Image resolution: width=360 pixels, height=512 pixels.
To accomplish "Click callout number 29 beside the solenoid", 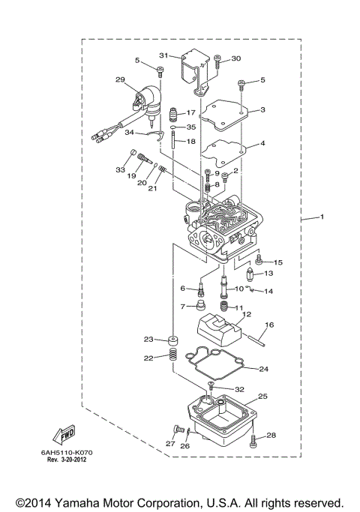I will point(120,79).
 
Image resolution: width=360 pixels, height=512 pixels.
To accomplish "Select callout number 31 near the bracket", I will point(164,55).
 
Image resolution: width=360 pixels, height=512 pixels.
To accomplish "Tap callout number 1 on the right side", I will point(322,218).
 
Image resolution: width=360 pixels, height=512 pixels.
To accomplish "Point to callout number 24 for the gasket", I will point(263,368).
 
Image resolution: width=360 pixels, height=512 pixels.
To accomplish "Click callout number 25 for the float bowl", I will point(262,396).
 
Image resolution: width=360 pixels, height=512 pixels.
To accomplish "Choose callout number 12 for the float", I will point(246,314).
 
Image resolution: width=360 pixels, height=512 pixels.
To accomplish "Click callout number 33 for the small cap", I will point(119,170).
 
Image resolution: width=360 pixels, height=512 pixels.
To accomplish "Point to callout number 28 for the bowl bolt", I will point(271,435).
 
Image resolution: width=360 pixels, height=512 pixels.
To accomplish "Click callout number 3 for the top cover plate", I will point(262,110).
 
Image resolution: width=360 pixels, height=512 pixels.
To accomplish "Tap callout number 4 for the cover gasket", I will point(262,143).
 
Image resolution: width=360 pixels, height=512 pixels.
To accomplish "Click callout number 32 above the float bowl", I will point(240,389).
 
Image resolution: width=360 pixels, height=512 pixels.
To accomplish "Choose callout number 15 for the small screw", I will point(278,262).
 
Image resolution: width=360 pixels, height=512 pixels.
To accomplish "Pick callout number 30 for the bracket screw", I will point(235,58).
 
